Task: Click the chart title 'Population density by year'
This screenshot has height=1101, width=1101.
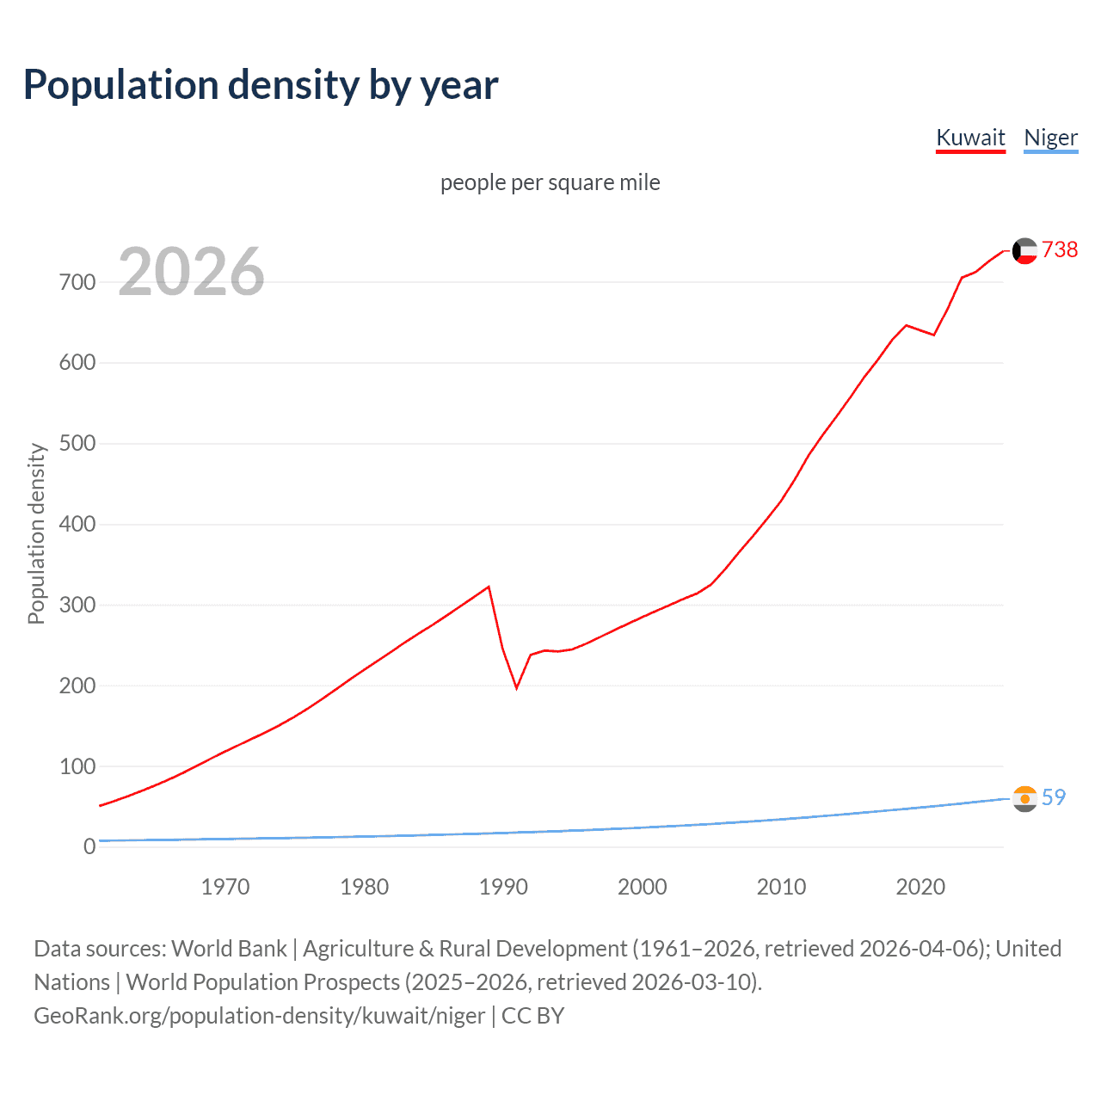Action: click(261, 85)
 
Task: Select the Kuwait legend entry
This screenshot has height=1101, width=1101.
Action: click(970, 138)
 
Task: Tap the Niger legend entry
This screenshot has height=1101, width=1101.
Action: click(1050, 138)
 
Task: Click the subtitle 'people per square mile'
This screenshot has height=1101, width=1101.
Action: click(550, 182)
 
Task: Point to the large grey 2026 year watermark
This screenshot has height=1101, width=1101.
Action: click(191, 272)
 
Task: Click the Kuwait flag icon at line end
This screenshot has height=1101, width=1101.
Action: click(1024, 250)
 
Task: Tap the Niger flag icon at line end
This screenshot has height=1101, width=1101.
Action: click(1024, 798)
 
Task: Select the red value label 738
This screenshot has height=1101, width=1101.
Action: click(1060, 249)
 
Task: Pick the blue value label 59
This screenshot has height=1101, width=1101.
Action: click(1054, 797)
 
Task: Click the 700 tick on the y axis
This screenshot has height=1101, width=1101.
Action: click(77, 282)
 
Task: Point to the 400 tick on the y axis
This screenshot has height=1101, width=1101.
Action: click(77, 524)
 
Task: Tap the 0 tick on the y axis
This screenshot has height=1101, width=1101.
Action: click(89, 846)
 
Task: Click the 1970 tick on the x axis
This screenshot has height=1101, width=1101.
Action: click(225, 887)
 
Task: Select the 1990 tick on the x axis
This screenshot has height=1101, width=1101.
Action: click(503, 887)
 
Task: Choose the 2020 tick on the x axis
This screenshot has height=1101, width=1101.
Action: click(920, 887)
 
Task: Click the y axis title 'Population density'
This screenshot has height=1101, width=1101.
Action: click(36, 533)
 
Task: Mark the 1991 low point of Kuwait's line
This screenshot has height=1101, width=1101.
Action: click(517, 687)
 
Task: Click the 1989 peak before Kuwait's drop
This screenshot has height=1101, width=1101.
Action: click(489, 587)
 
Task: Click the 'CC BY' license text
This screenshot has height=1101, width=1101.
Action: click(532, 1016)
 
